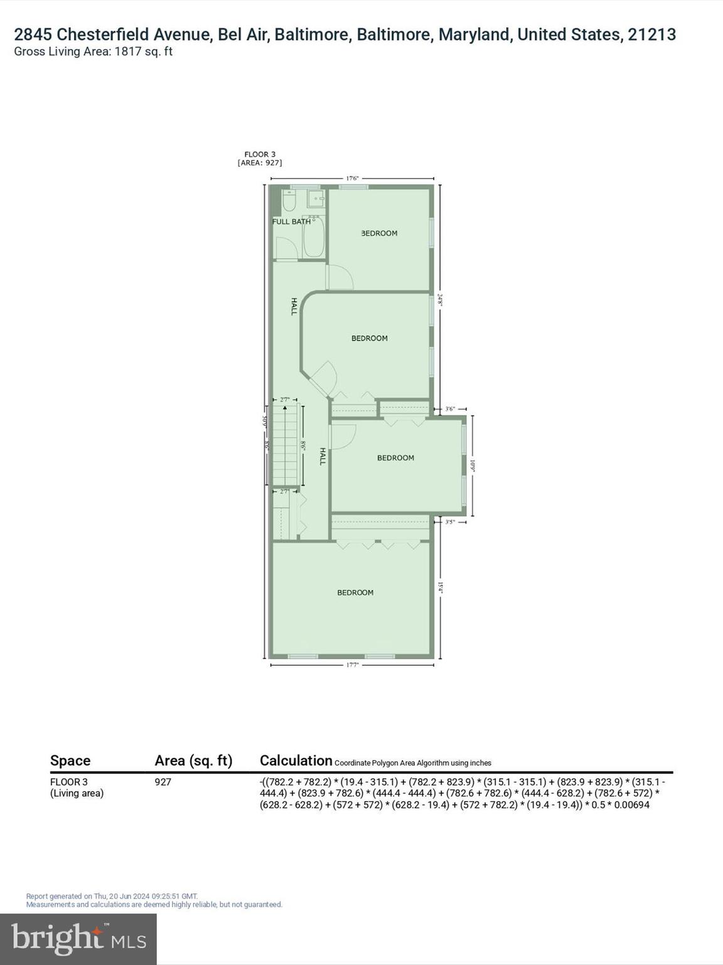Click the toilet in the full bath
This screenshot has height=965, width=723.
(289, 201)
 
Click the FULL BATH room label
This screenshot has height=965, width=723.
(291, 222)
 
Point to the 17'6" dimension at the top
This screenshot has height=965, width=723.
(352, 178)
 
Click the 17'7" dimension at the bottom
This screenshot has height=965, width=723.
(352, 665)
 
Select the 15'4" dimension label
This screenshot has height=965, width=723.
(441, 587)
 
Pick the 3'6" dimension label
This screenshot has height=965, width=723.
(450, 409)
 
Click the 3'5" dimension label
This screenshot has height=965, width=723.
(450, 522)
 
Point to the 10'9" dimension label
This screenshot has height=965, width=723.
(473, 466)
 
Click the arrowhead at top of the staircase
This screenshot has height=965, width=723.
(286, 408)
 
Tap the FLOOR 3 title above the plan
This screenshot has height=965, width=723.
(260, 155)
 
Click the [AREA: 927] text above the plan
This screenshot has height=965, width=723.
(260, 163)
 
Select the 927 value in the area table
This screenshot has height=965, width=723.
(163, 782)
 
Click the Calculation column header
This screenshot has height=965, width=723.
(296, 761)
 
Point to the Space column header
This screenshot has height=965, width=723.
(70, 761)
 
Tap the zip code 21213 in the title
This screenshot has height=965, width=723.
(651, 35)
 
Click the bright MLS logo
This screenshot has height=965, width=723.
(78, 939)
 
